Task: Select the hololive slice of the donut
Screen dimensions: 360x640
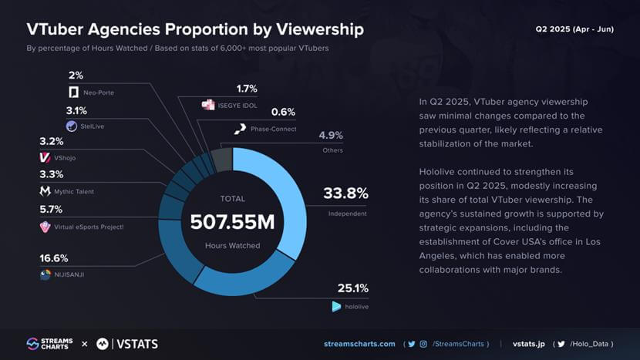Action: click(x=245, y=278)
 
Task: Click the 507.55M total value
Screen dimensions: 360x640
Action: click(x=232, y=223)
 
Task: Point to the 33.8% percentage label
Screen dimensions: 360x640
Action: click(x=346, y=193)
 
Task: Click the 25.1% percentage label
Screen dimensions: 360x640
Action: click(x=352, y=288)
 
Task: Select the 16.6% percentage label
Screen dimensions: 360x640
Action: click(x=53, y=258)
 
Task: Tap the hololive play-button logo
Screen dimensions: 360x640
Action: click(x=336, y=306)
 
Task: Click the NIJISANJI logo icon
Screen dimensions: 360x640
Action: click(x=45, y=274)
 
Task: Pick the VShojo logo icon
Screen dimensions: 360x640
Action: click(x=45, y=157)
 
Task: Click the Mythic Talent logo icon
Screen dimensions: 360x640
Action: click(x=45, y=191)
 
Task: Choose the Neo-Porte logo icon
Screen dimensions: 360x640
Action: click(x=73, y=93)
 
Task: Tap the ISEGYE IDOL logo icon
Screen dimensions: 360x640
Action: click(x=208, y=105)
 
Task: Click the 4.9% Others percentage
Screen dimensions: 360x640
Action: click(x=331, y=136)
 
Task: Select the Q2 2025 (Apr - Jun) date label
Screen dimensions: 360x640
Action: click(x=574, y=29)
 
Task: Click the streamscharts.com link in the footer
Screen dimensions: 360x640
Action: click(x=359, y=344)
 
